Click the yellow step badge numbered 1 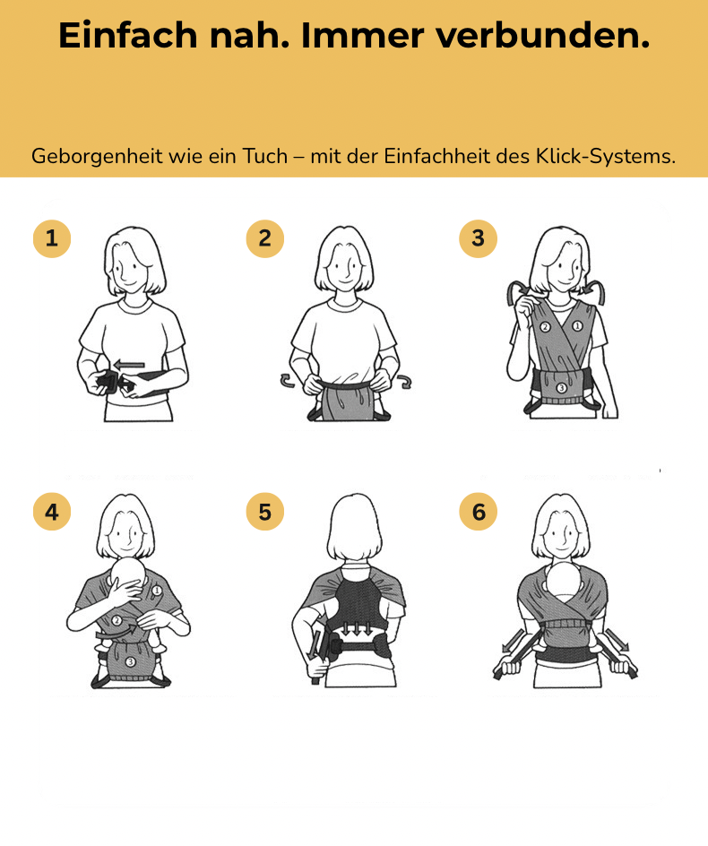pos(52,238)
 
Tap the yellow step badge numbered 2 pos(265,238)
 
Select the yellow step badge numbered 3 pos(478,238)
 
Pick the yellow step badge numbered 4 pos(52,512)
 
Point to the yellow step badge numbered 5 pos(265,512)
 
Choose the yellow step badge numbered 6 pos(478,512)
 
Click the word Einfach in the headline pos(128,36)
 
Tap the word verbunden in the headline pos(542,36)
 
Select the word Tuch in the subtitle pos(265,157)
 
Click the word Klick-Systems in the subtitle pos(605,157)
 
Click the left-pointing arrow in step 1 pos(130,365)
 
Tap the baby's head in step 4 pos(128,574)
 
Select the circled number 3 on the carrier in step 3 pos(561,388)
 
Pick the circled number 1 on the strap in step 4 pos(157,591)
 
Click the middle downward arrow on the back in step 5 pos(356,628)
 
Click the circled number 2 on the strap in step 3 pos(545,327)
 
